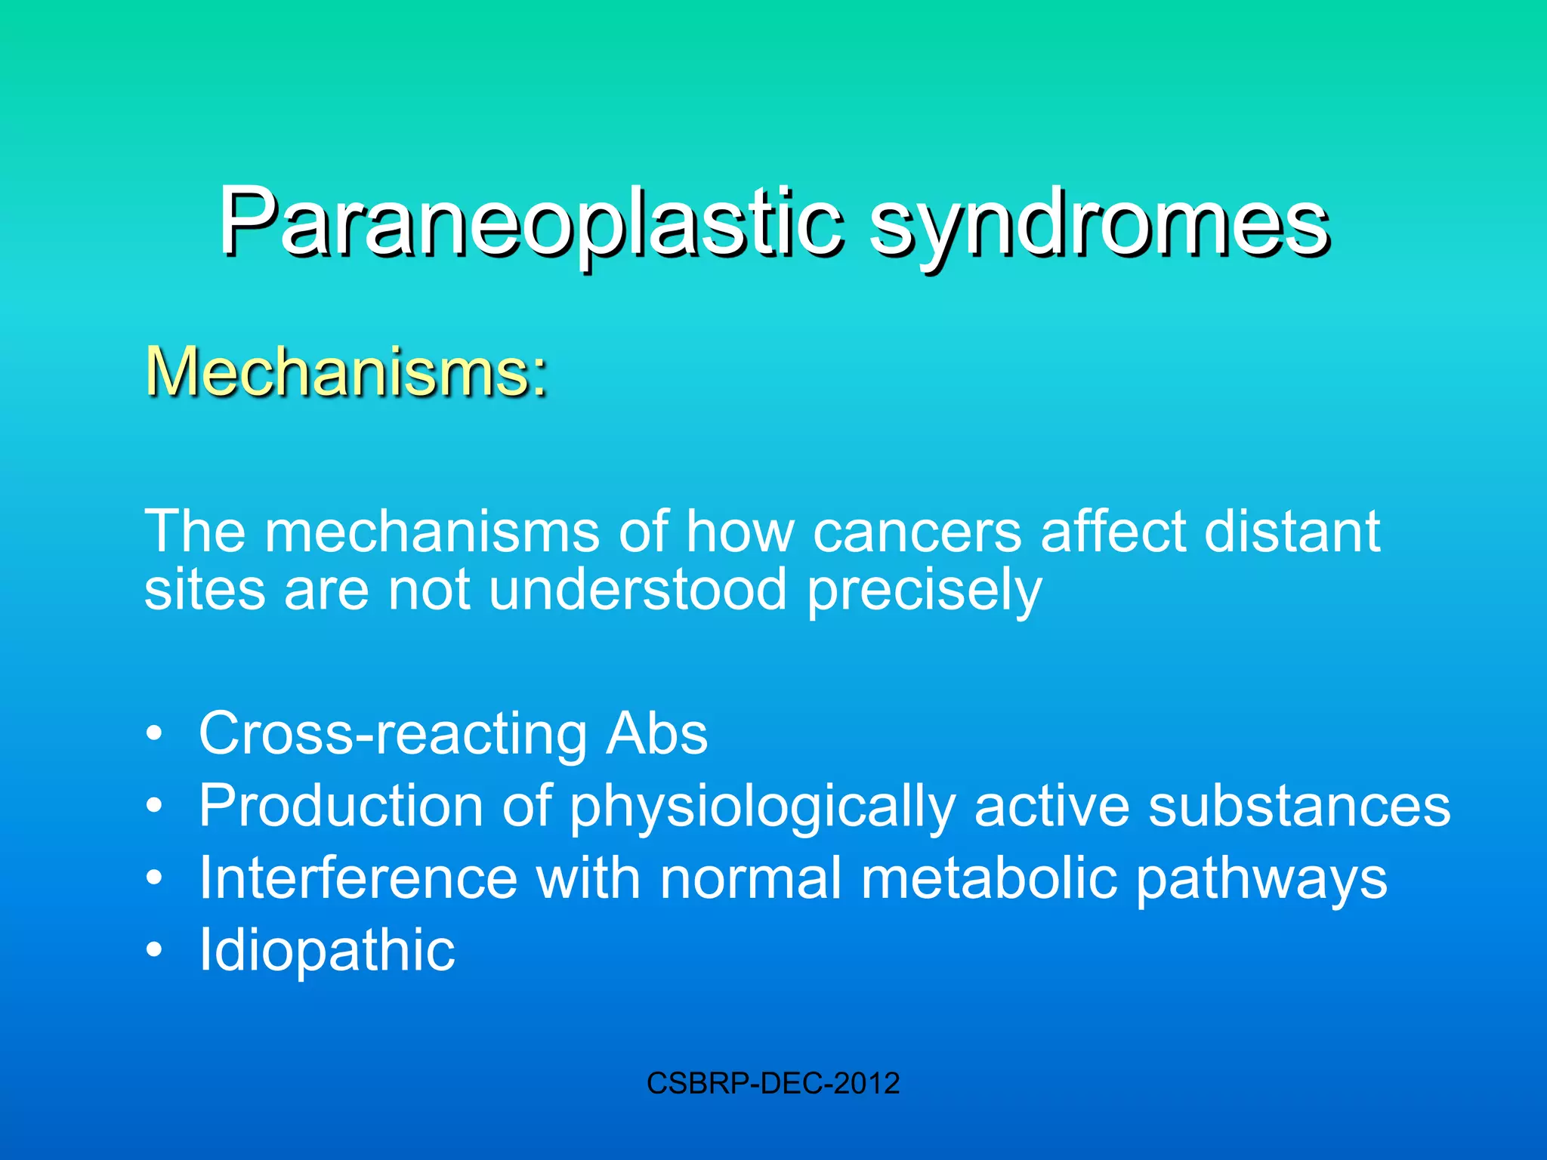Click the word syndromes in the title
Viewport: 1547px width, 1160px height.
tap(1099, 223)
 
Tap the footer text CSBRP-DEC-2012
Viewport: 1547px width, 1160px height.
tap(773, 1083)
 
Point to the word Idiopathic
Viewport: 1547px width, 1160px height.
tap(326, 949)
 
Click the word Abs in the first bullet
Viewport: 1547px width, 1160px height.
tap(656, 733)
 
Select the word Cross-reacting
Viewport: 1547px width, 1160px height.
tap(393, 733)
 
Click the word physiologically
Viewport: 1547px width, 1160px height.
tap(762, 806)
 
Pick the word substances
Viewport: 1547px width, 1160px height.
tap(1299, 806)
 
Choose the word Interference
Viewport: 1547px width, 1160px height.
tap(358, 878)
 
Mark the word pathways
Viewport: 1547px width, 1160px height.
tap(1261, 878)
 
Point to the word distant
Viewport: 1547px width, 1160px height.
tap(1292, 532)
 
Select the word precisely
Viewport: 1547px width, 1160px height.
tap(925, 591)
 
